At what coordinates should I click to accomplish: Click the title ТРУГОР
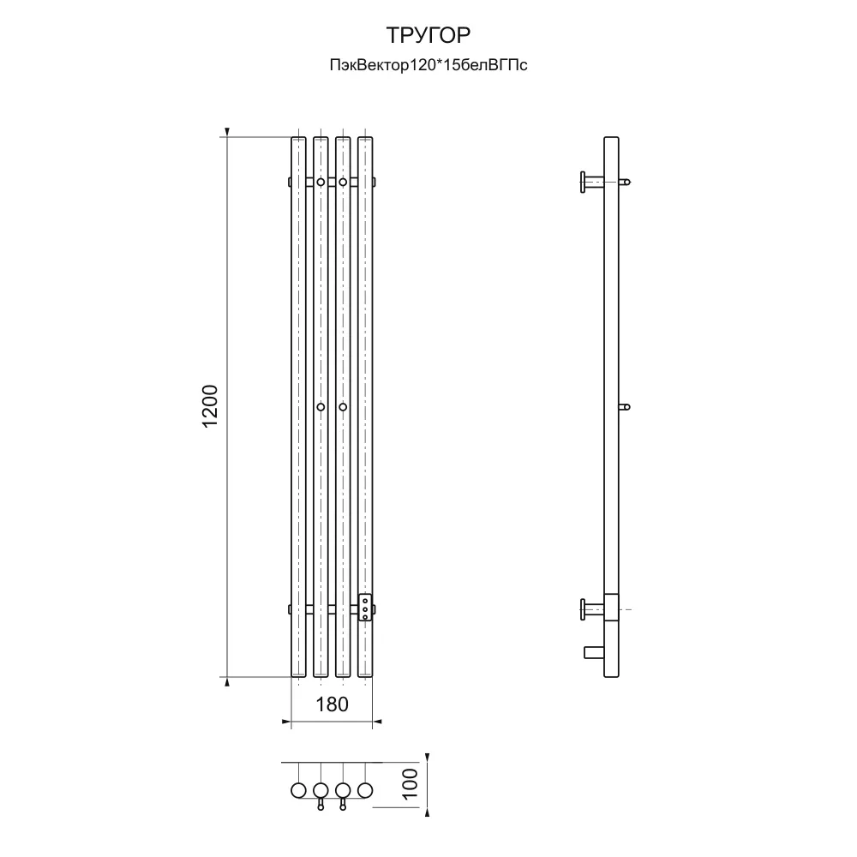tap(428, 35)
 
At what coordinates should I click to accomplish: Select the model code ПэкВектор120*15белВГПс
tap(428, 66)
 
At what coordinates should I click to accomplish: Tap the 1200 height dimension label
tap(211, 406)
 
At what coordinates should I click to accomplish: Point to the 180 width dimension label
tap(332, 704)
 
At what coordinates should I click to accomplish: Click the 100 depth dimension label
tap(410, 784)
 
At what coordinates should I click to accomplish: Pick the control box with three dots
tap(364, 608)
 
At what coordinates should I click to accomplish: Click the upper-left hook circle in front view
tap(321, 182)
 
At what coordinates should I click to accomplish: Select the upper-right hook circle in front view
tap(343, 182)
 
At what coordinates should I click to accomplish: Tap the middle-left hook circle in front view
tap(321, 406)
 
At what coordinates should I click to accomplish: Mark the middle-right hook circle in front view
tap(343, 406)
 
